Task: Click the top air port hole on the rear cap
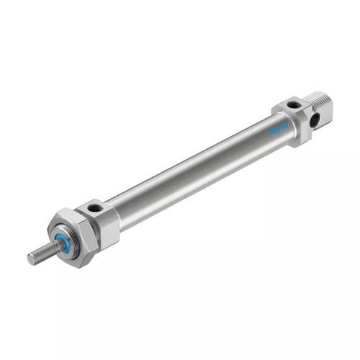[290, 106]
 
